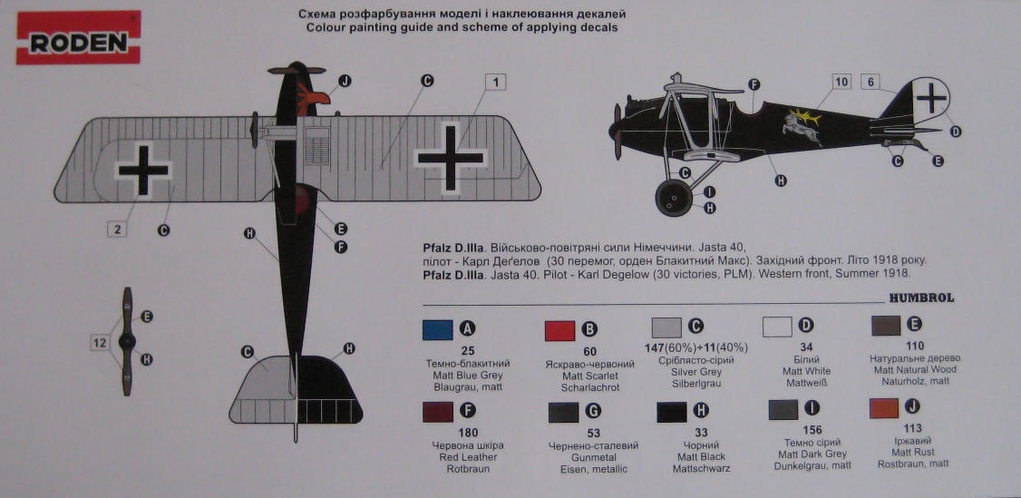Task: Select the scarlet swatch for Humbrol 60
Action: (x=560, y=330)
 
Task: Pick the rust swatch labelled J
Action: (x=884, y=408)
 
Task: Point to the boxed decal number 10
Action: (x=841, y=83)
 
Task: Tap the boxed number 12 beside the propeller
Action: (x=100, y=342)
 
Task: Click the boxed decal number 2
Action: (x=118, y=229)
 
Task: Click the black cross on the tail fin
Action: (x=931, y=95)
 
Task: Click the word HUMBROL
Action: (x=920, y=298)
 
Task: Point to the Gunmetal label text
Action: (x=581, y=457)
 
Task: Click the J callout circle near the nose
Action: (x=344, y=80)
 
